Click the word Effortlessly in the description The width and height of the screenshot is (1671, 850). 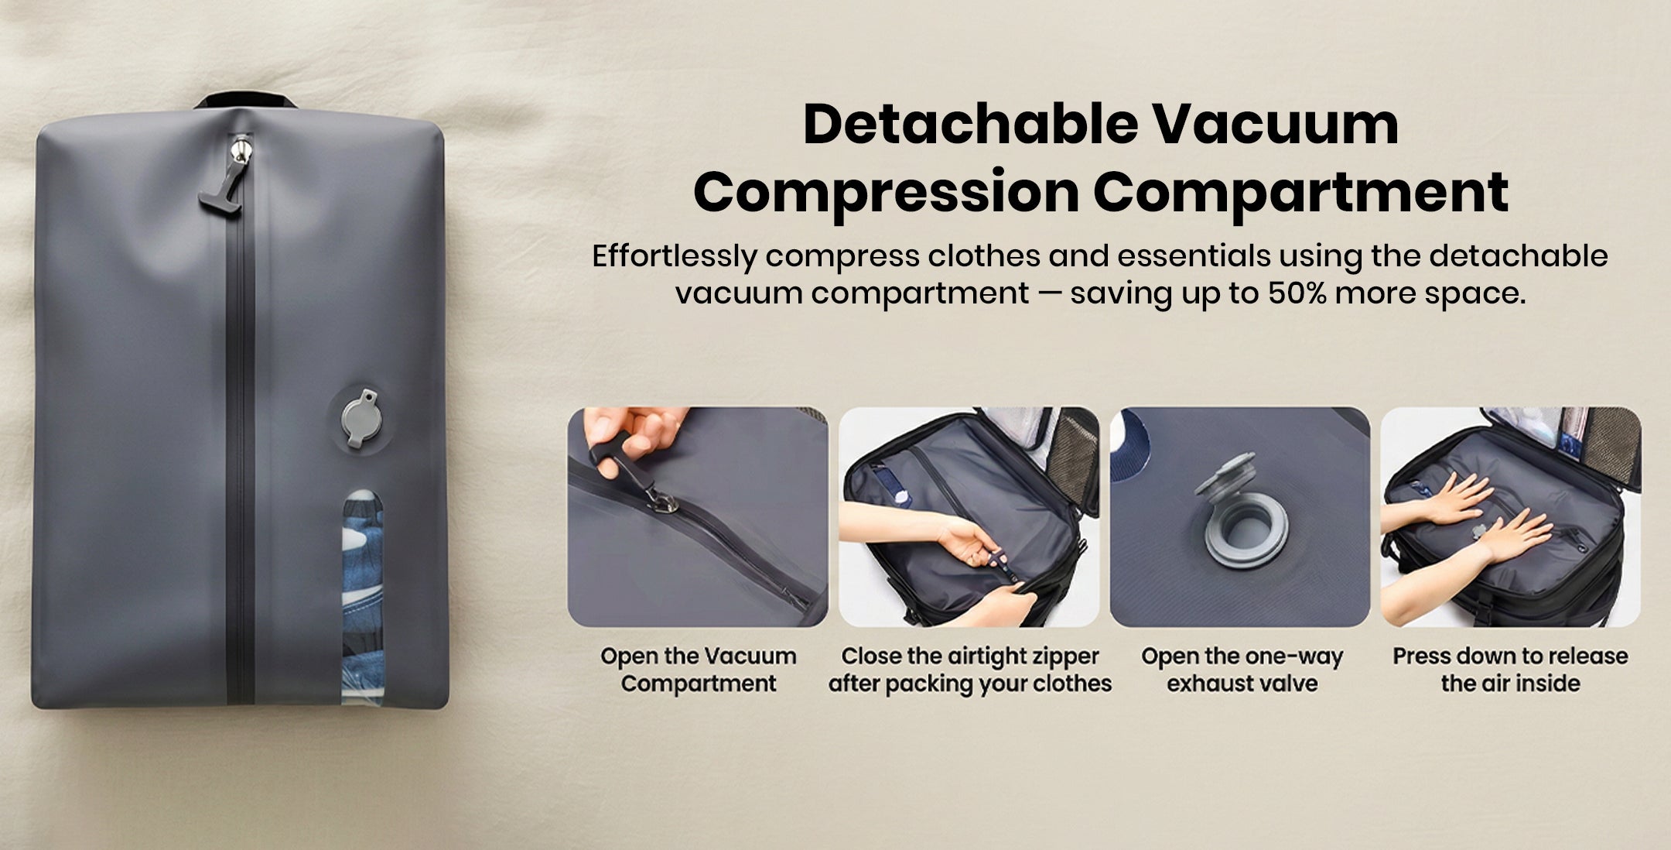pyautogui.click(x=674, y=256)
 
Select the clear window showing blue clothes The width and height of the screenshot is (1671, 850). pyautogui.click(x=363, y=595)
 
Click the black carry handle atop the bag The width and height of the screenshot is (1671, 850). pyautogui.click(x=246, y=101)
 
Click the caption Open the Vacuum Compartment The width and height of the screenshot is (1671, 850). pyautogui.click(x=699, y=670)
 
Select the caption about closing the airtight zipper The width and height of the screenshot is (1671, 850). pyautogui.click(x=969, y=670)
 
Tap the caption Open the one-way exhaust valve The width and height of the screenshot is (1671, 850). pyautogui.click(x=1242, y=670)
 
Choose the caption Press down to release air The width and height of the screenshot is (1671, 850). pyautogui.click(x=1510, y=670)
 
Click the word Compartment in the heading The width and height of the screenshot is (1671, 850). pyautogui.click(x=1300, y=192)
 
